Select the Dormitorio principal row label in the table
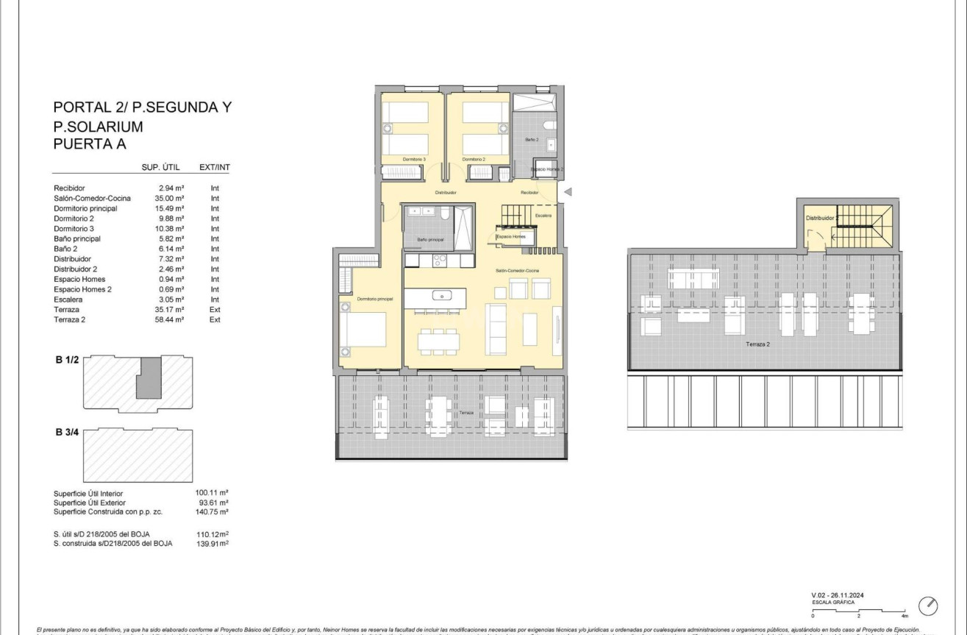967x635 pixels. [x=85, y=208]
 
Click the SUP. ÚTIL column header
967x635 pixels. [x=160, y=168]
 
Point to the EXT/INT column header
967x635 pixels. [x=215, y=168]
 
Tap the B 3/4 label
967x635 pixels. [x=67, y=432]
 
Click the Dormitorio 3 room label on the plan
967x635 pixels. [x=414, y=160]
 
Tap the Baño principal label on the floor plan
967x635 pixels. [x=430, y=240]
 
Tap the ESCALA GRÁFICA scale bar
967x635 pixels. [x=858, y=610]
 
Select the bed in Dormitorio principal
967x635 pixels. [x=363, y=330]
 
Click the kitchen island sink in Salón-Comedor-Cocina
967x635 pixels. [x=442, y=296]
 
